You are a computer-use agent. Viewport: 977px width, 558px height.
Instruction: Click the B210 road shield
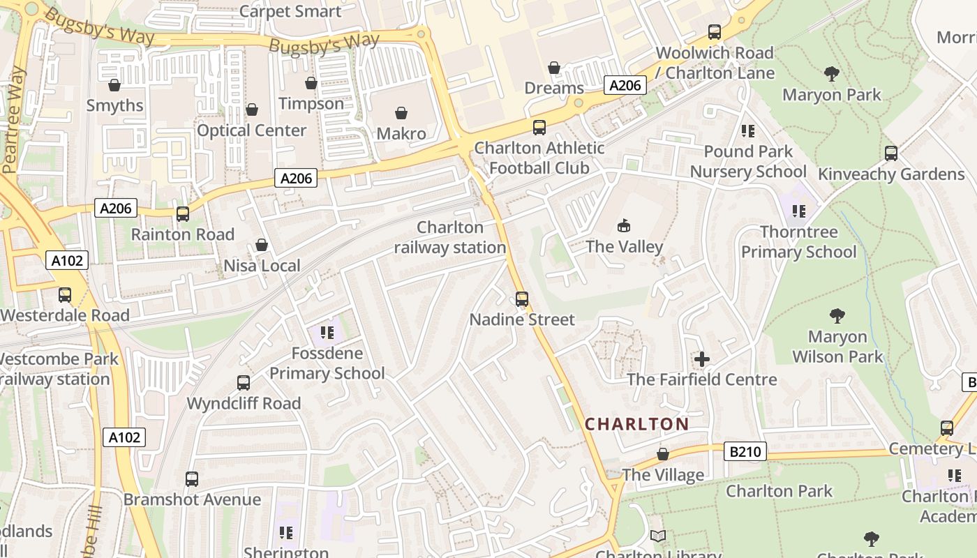[x=745, y=452]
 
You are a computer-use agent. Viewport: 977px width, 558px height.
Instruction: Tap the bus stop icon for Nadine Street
[x=522, y=299]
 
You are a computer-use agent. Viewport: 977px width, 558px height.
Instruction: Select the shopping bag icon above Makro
[x=401, y=113]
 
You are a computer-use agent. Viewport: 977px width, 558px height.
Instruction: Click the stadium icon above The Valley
[x=624, y=225]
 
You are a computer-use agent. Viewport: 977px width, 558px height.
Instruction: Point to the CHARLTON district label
[x=636, y=424]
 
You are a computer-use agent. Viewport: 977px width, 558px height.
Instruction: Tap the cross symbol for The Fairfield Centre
[x=702, y=360]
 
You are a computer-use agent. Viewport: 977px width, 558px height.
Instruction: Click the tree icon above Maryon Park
[x=831, y=74]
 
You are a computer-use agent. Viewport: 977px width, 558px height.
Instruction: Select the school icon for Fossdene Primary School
[x=327, y=333]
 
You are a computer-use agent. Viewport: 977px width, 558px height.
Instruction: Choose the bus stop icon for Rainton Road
[x=183, y=214]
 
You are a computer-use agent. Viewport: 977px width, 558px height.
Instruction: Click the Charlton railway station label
[x=450, y=237]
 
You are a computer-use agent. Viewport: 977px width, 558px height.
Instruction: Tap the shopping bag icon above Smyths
[x=114, y=85]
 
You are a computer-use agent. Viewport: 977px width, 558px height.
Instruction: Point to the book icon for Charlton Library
[x=658, y=536]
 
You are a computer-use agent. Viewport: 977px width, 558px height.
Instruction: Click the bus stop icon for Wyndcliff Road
[x=244, y=383]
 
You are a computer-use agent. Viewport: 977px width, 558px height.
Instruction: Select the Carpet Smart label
[x=290, y=11]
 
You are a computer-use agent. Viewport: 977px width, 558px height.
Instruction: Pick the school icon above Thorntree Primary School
[x=799, y=211]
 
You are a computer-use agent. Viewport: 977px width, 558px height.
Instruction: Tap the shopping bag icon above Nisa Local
[x=262, y=245]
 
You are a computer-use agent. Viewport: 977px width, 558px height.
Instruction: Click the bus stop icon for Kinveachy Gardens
[x=891, y=153]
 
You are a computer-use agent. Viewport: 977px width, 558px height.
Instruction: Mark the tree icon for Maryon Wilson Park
[x=837, y=316]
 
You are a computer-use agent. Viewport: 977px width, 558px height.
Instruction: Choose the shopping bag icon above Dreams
[x=554, y=68]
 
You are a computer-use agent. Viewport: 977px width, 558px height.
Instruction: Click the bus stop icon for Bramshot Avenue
[x=192, y=479]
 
